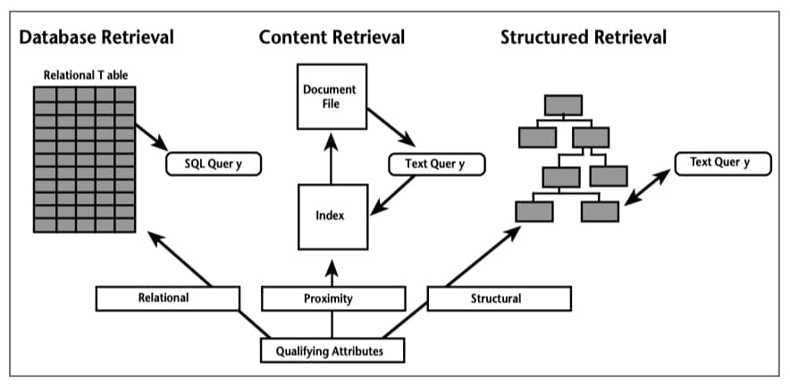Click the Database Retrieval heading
point(97,38)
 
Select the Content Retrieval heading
point(332,38)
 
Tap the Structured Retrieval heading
point(584,38)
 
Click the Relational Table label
point(86,76)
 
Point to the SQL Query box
point(214,164)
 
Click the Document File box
point(332,96)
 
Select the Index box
point(332,217)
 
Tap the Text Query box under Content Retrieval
point(437,164)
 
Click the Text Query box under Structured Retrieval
point(722,163)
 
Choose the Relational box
point(167,298)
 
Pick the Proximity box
point(333,298)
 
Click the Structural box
point(499,298)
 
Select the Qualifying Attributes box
point(332,351)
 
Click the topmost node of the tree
point(563,105)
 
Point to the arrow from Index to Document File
point(331,158)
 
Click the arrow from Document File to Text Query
point(391,128)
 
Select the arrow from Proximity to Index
point(331,273)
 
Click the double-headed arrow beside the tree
point(647,187)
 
